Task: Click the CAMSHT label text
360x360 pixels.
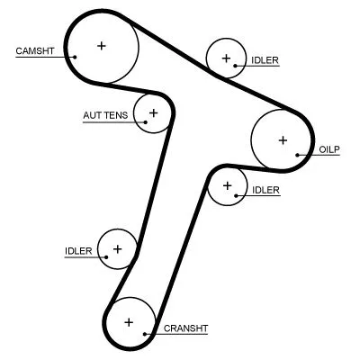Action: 33,50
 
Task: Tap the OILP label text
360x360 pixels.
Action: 329,149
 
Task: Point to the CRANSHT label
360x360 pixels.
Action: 184,328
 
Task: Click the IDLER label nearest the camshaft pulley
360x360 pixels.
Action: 265,60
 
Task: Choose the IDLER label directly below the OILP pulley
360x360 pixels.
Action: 265,190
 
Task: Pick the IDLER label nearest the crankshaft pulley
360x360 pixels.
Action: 78,251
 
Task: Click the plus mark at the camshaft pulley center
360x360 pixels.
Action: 101,45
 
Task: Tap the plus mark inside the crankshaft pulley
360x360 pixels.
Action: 129,321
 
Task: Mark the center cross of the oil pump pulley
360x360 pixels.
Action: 283,139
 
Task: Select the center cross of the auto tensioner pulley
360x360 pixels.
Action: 153,112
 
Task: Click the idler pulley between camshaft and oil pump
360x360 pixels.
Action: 224,59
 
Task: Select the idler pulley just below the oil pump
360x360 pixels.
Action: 227,186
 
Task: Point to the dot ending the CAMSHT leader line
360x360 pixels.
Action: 75,56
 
